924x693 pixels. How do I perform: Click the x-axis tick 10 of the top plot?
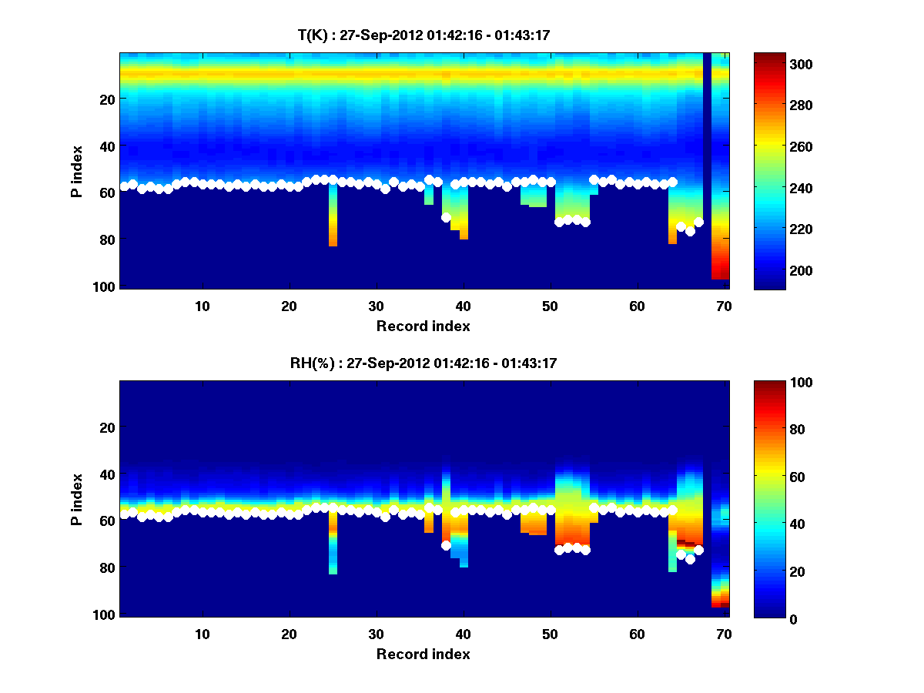(x=203, y=306)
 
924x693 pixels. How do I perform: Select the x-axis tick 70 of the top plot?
(x=724, y=306)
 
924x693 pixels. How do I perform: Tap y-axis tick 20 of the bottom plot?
(x=106, y=427)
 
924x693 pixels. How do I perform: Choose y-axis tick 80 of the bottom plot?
(x=106, y=568)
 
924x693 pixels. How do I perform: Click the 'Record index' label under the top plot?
(x=423, y=326)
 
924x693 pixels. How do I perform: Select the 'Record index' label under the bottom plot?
(x=423, y=654)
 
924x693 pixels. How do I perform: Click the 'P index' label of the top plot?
(x=77, y=171)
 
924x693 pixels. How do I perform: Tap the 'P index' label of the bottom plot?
(x=77, y=499)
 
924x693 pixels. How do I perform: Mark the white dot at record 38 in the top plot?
(x=446, y=217)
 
